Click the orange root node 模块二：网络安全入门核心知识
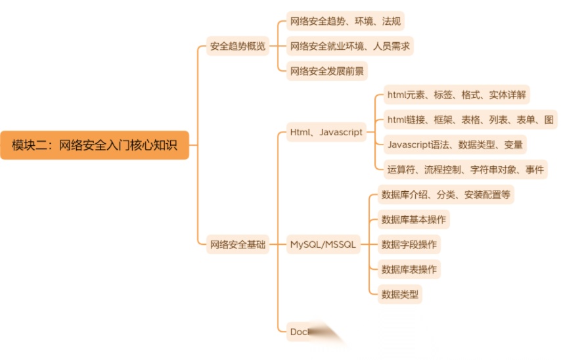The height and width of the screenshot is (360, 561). click(x=95, y=145)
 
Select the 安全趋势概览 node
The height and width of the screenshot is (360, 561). click(x=238, y=47)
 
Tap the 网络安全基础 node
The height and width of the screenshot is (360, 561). click(x=238, y=244)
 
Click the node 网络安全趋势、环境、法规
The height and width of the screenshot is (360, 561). click(x=346, y=21)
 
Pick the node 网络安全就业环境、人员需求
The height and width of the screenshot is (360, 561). click(x=351, y=46)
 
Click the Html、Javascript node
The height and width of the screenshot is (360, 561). click(x=326, y=132)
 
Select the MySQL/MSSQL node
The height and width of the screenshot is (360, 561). click(x=323, y=244)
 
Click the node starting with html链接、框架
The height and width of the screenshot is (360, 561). click(x=470, y=120)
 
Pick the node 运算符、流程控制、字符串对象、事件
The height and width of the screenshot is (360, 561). click(x=466, y=169)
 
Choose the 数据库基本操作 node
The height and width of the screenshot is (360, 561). click(x=414, y=219)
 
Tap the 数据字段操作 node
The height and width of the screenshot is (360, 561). click(x=409, y=244)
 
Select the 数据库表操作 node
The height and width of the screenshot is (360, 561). click(x=409, y=269)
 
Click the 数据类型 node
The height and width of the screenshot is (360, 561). click(x=400, y=294)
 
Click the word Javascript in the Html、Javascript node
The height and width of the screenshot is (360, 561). click(x=341, y=132)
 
